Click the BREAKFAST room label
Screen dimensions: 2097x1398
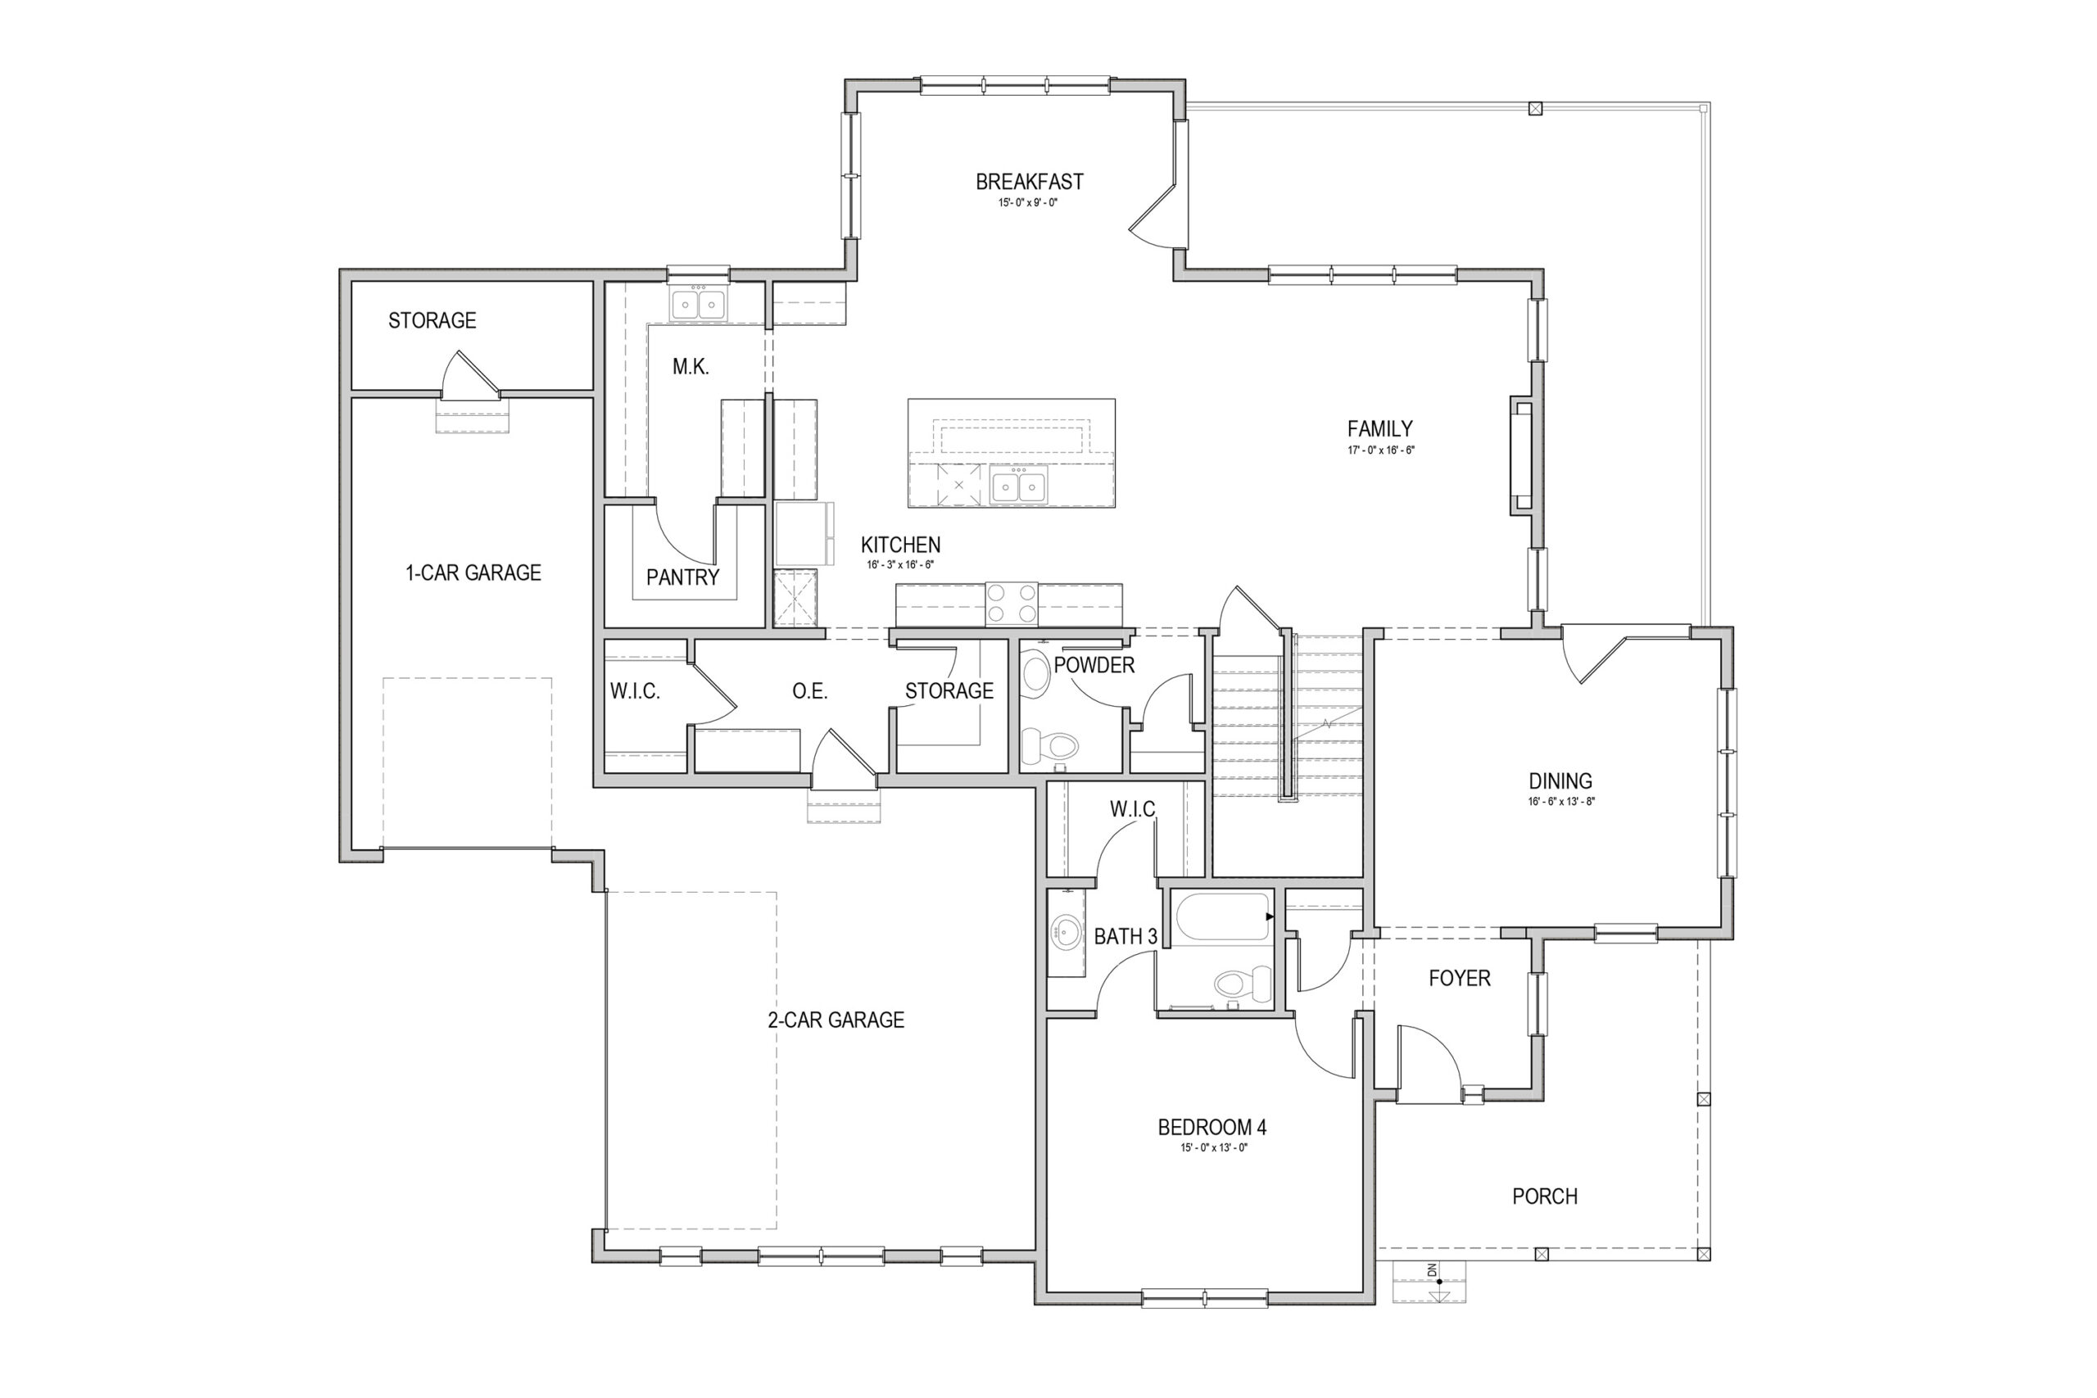pos(1029,182)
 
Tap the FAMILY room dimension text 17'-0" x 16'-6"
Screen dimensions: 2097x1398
pos(1381,450)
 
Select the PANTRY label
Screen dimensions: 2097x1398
pos(682,577)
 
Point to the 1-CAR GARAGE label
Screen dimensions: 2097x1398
pos(473,572)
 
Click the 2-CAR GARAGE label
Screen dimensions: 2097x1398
pos(836,1020)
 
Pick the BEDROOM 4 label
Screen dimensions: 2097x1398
pos(1212,1127)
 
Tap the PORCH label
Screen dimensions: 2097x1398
pos(1545,1197)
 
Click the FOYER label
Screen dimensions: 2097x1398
pos(1460,978)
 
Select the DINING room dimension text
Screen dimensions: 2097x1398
pos(1561,802)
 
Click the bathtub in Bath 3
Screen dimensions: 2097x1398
pos(1222,916)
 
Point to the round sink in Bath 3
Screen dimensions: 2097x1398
pos(1066,934)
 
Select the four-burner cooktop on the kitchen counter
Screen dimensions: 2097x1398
pos(1012,604)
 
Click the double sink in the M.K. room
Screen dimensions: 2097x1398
pos(698,304)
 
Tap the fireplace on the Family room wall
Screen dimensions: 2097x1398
pos(1521,455)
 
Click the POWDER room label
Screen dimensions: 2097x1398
pos(1094,665)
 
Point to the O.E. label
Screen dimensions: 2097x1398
pos(809,691)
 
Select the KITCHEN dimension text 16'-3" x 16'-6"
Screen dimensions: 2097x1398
pos(900,565)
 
